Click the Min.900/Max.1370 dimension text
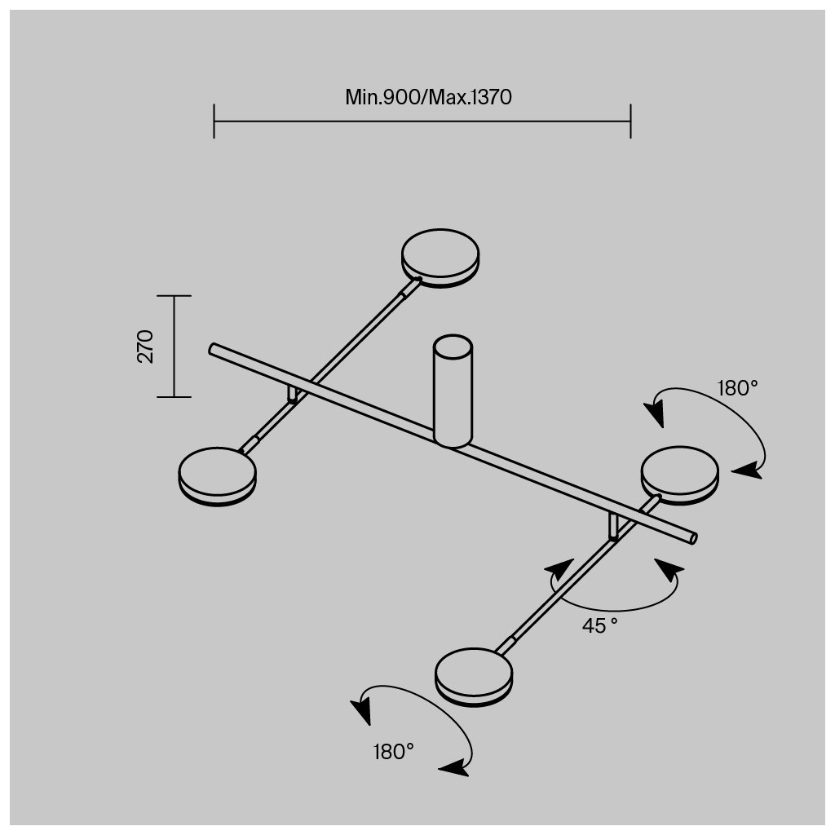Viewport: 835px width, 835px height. [x=428, y=98]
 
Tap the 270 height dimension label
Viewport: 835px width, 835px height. [x=145, y=346]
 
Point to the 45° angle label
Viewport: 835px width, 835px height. [x=599, y=626]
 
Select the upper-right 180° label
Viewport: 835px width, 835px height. [x=737, y=388]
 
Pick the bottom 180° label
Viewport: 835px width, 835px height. [x=395, y=751]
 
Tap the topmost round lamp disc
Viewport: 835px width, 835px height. [x=440, y=256]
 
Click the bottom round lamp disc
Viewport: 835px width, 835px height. [x=474, y=676]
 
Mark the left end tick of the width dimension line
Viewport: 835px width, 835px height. [x=214, y=121]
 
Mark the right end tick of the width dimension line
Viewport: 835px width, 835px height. [x=630, y=121]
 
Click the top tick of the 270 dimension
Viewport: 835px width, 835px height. [x=174, y=296]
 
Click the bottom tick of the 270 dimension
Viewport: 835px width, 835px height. [x=174, y=397]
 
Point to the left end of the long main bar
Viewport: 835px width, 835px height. [x=214, y=349]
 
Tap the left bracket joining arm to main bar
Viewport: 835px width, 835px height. [x=293, y=395]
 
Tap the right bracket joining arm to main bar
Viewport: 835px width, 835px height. [x=613, y=526]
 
